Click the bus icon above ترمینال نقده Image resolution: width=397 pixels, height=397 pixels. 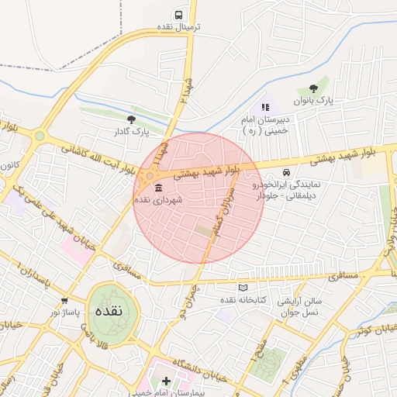pyautogui.click(x=179, y=15)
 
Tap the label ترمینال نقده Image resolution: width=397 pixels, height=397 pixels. pyautogui.click(x=179, y=27)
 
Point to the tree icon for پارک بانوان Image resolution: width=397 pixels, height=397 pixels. pyautogui.click(x=312, y=88)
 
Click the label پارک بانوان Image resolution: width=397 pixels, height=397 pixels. pyautogui.click(x=312, y=102)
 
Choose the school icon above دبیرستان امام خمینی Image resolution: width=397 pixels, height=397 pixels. pyautogui.click(x=264, y=107)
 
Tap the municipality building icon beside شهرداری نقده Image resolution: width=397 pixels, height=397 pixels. pyautogui.click(x=158, y=188)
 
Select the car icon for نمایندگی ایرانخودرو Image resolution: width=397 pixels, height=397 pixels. pyautogui.click(x=287, y=173)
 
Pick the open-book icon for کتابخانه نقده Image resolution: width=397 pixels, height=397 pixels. pyautogui.click(x=243, y=288)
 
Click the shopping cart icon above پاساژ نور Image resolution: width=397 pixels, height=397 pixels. pyautogui.click(x=64, y=300)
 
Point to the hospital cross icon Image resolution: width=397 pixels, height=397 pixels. pyautogui.click(x=164, y=381)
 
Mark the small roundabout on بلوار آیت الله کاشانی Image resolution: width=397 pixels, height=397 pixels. pyautogui.click(x=40, y=136)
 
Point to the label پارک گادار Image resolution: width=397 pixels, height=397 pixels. pyautogui.click(x=130, y=132)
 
